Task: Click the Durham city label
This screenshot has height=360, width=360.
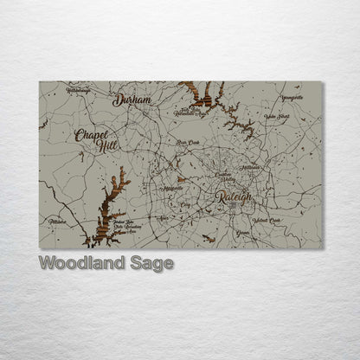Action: coord(132,100)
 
